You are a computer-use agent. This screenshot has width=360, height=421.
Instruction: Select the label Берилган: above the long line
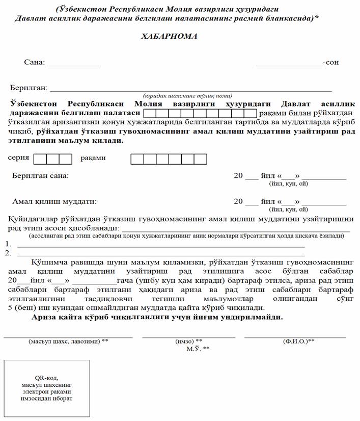point(29,88)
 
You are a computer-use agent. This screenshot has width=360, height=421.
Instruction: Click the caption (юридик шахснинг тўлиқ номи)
point(187,95)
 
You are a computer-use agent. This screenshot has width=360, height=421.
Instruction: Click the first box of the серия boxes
point(40,159)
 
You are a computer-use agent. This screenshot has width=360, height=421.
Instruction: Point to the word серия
point(18,158)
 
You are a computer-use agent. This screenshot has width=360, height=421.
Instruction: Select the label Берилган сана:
point(41,176)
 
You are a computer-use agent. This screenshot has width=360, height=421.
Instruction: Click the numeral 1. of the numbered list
point(8,244)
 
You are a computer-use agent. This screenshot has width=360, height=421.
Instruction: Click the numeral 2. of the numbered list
point(8,252)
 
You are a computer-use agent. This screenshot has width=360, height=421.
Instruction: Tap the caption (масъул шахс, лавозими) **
point(68,341)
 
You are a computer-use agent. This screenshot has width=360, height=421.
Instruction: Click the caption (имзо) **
point(188,341)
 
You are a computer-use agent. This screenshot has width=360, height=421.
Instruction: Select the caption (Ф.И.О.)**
point(298,341)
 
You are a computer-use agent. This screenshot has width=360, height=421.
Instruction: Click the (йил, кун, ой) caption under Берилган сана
point(289,183)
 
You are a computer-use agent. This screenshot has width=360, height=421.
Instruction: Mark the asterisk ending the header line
point(317,18)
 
